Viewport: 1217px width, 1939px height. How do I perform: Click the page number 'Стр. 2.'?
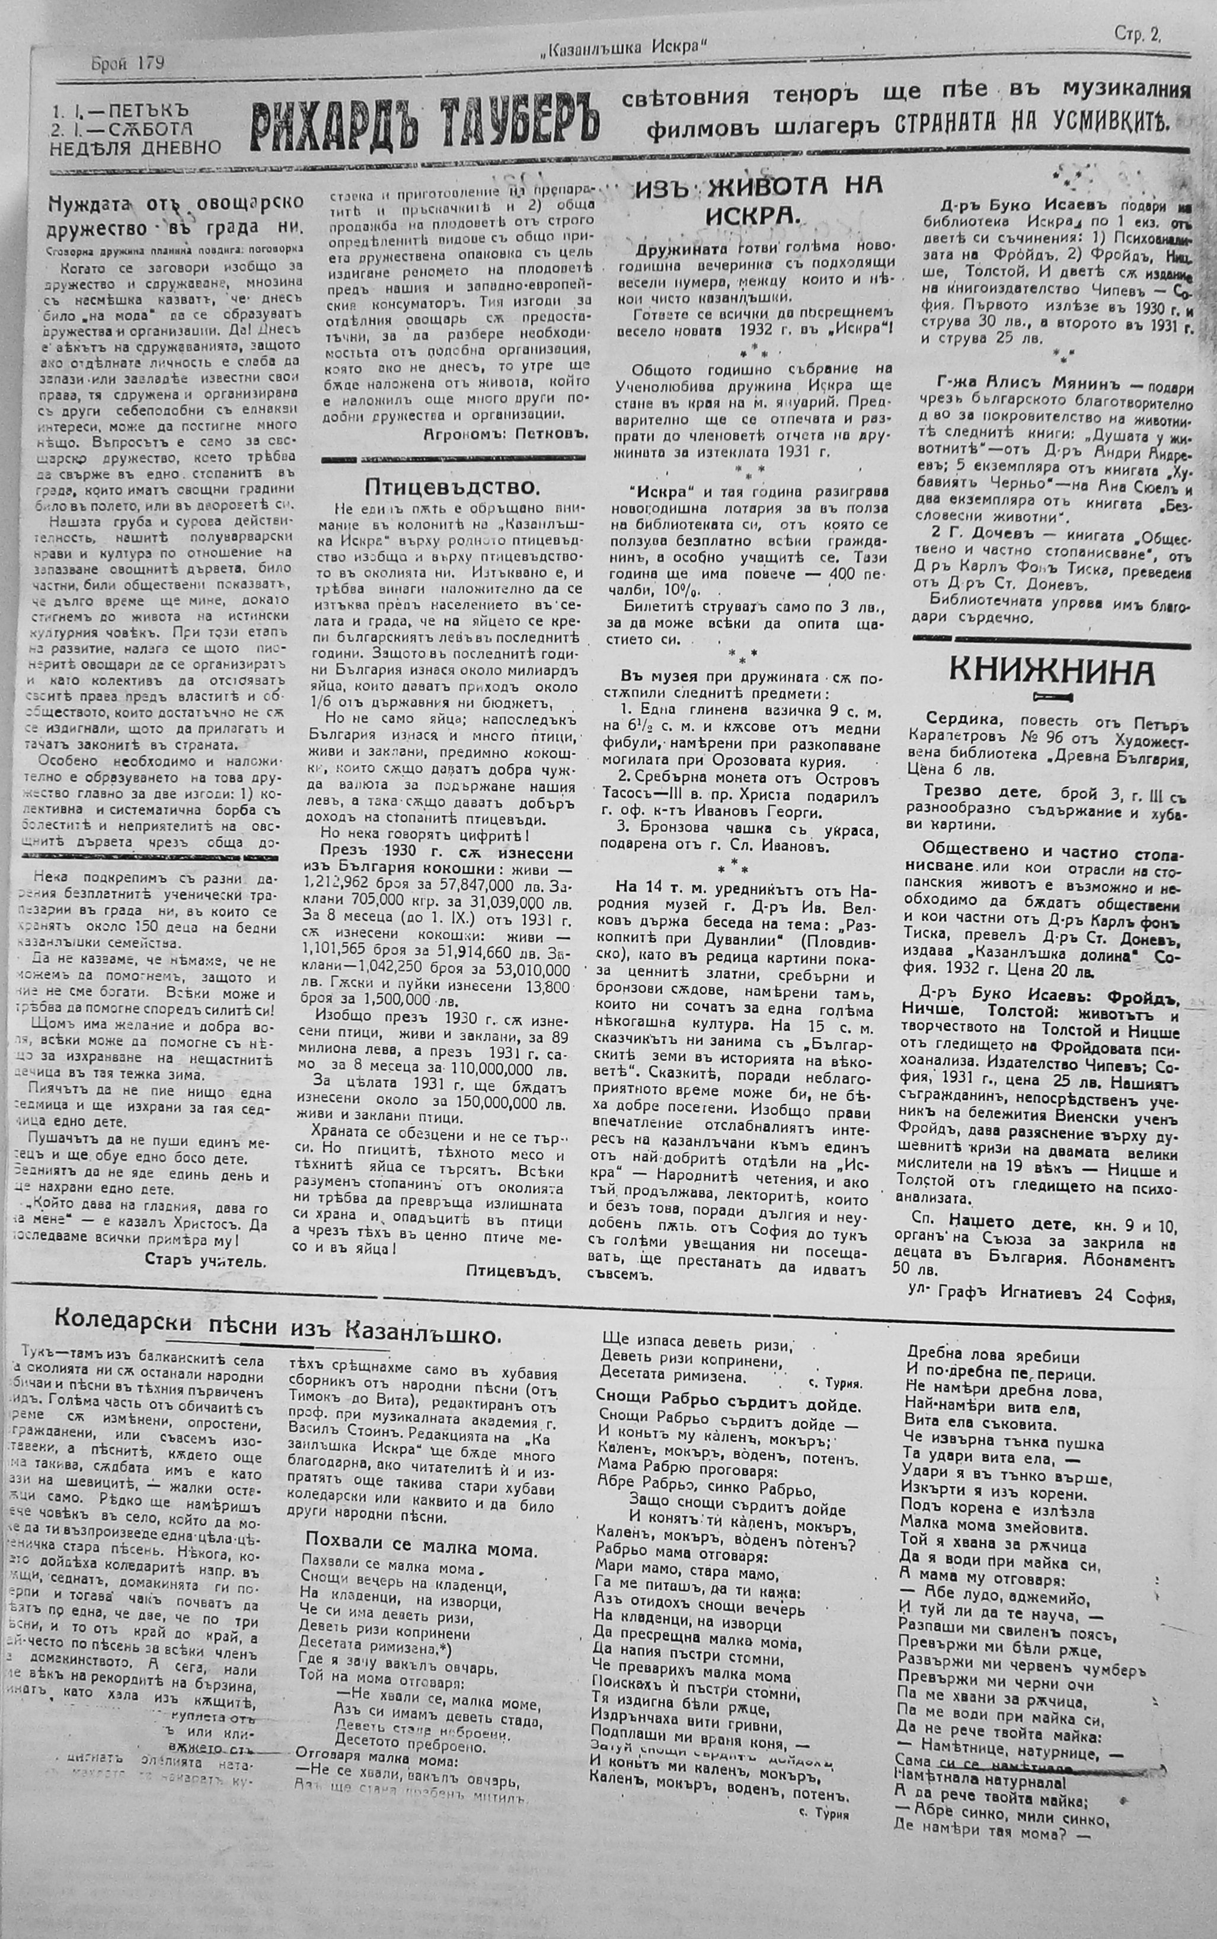(1138, 34)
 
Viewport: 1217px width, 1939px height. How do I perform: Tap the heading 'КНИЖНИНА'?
(1050, 671)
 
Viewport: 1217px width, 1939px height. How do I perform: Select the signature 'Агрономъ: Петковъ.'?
(506, 432)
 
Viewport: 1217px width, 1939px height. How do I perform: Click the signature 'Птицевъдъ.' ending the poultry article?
(512, 1271)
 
